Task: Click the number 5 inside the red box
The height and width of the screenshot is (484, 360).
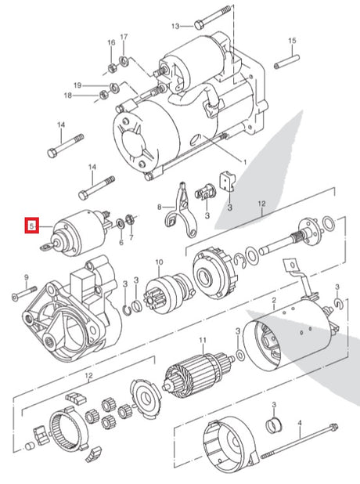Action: coord(31,226)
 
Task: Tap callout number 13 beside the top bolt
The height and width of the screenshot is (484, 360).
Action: coord(175,27)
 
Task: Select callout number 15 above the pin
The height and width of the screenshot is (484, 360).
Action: coord(292,41)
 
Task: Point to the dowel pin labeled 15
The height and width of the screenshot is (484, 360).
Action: coord(286,62)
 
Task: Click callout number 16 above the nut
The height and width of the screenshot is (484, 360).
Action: coord(111,42)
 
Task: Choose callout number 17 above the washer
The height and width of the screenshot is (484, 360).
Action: coord(124,37)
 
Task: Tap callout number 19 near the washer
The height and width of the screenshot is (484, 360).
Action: coord(77,85)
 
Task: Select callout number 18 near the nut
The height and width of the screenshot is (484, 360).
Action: coord(67,96)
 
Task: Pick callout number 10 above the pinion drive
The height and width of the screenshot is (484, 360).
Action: coord(159,262)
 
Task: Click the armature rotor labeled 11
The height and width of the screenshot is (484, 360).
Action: coord(197,374)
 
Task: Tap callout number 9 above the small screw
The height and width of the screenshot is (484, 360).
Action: coord(26,277)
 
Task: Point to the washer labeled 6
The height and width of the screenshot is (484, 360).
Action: coord(121,224)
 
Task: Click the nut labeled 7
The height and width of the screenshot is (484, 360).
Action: coord(130,219)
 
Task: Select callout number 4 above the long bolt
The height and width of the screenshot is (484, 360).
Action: coord(299,422)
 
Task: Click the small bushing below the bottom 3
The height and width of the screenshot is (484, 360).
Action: coord(274,424)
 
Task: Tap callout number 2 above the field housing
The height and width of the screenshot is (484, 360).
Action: coord(274,300)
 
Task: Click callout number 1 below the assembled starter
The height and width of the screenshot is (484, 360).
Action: coord(245,162)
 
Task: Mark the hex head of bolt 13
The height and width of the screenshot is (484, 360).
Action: coord(198,25)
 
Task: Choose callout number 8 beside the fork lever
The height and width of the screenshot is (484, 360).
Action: coord(159,207)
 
